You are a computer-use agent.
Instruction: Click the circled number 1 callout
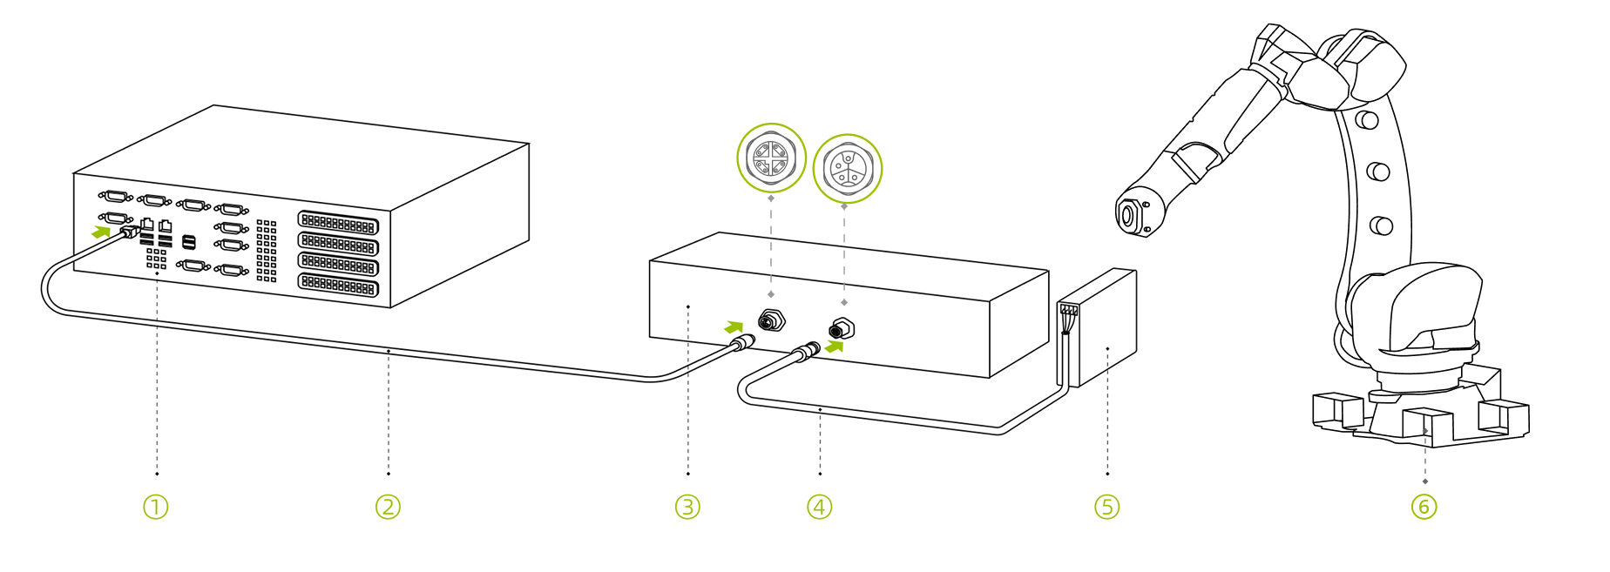point(155,507)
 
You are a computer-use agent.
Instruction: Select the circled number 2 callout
point(388,507)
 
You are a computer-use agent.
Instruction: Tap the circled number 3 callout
point(687,507)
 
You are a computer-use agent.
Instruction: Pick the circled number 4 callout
point(820,507)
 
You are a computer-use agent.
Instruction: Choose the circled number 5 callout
point(1106,507)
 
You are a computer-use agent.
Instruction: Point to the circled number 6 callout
point(1424,507)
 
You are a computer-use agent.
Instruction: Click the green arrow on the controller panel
point(102,232)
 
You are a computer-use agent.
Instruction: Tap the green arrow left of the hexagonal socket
point(734,327)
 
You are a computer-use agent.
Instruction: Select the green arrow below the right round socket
point(835,347)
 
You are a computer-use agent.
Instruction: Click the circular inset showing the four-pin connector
point(771,158)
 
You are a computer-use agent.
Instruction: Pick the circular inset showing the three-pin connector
point(847,168)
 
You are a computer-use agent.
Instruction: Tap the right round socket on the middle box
point(842,329)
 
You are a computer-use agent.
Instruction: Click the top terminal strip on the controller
point(338,223)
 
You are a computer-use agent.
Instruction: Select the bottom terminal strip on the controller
point(338,284)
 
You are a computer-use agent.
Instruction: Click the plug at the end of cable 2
point(740,343)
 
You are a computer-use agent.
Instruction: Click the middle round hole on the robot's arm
point(1377,172)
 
